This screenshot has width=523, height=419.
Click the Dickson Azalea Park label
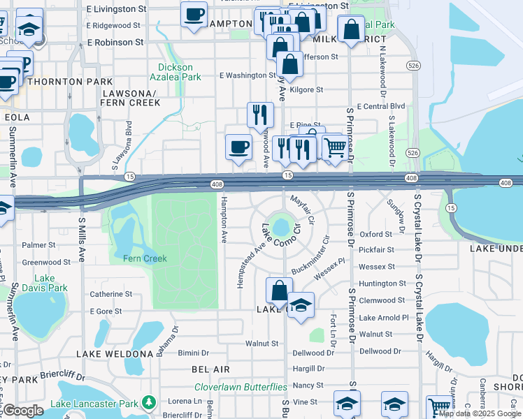(175, 72)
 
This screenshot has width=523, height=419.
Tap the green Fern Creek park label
(145, 258)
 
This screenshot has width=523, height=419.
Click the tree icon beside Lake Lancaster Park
(148, 403)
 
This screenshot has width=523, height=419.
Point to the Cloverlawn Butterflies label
(241, 386)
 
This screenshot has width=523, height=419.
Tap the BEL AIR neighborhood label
(210, 369)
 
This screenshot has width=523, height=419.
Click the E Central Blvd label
(380, 106)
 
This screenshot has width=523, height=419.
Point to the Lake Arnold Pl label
(383, 318)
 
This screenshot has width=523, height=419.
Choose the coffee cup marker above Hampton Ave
(239, 147)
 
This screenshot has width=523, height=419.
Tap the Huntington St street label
(382, 284)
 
